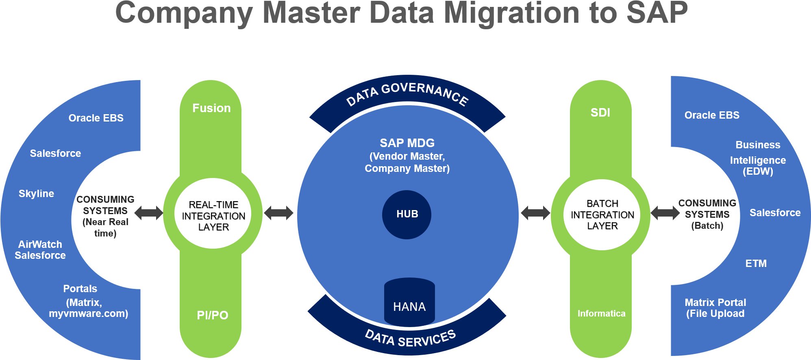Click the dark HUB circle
click(x=407, y=214)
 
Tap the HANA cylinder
click(x=409, y=303)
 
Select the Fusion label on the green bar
click(x=211, y=108)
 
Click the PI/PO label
click(x=212, y=315)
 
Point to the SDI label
click(x=600, y=113)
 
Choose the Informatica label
click(x=601, y=313)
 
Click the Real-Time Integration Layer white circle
click(x=213, y=215)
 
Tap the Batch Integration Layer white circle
click(x=602, y=215)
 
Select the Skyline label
click(x=36, y=193)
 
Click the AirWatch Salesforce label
click(x=40, y=249)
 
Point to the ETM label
click(x=756, y=263)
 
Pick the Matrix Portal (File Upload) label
click(x=715, y=308)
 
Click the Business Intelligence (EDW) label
click(x=758, y=158)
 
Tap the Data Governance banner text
click(x=407, y=93)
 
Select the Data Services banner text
click(x=410, y=338)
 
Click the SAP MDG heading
click(x=407, y=143)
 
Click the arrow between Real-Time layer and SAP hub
click(x=278, y=213)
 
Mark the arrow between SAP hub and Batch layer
click(x=535, y=213)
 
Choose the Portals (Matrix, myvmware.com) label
click(x=88, y=301)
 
